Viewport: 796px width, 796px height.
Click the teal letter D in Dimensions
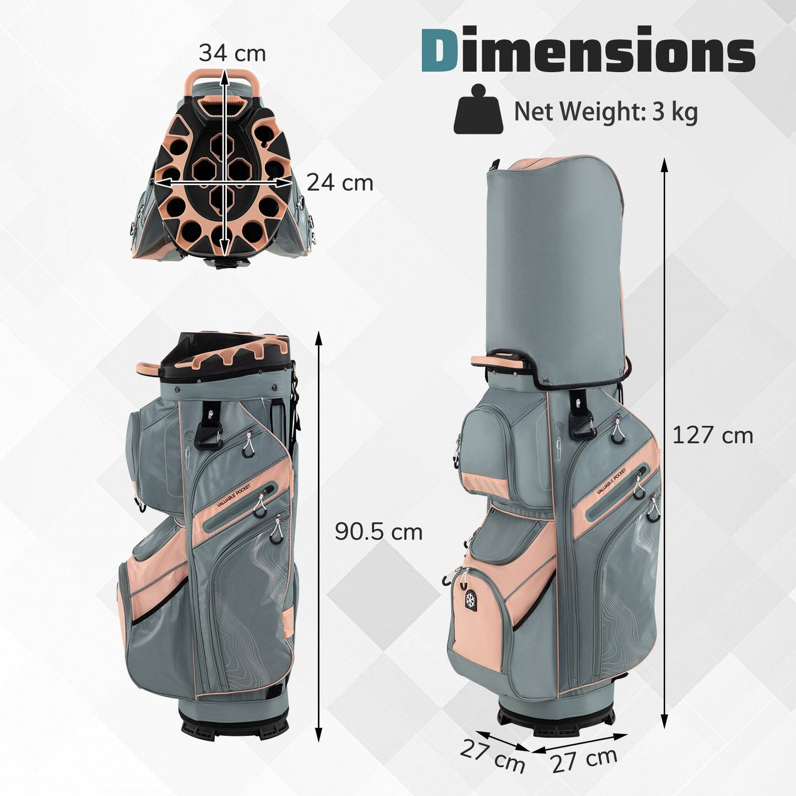(x=440, y=50)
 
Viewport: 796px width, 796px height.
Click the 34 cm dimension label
(x=232, y=53)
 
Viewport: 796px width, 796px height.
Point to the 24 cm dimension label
(x=340, y=182)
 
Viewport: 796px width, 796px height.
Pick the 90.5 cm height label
(x=378, y=532)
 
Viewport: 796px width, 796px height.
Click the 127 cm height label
(x=713, y=435)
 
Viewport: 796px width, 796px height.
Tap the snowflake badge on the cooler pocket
(x=470, y=599)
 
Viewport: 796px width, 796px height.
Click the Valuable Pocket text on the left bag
(x=234, y=495)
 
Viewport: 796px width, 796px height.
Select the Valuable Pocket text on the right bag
(x=612, y=481)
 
